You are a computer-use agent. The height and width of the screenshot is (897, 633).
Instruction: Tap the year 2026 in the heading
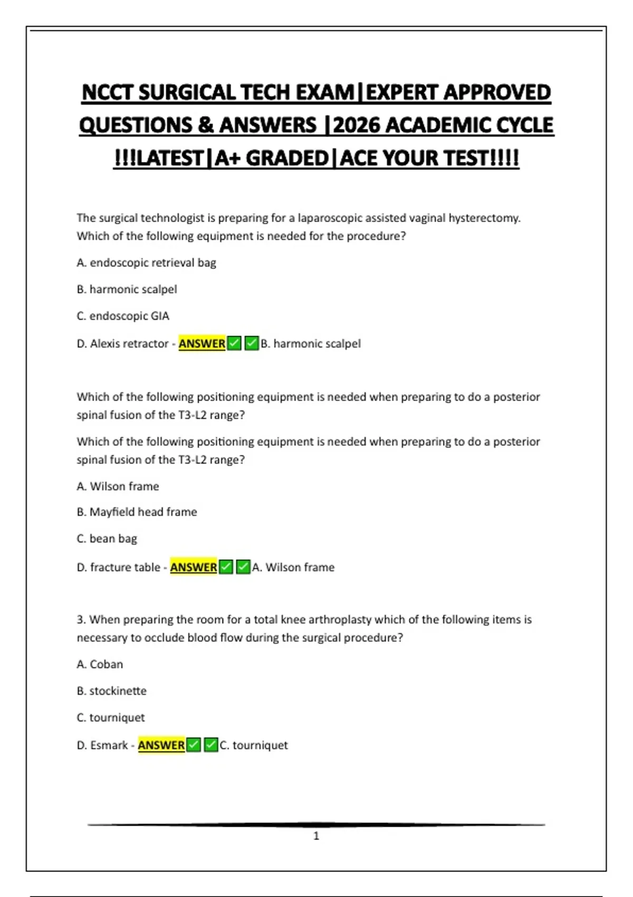(x=357, y=126)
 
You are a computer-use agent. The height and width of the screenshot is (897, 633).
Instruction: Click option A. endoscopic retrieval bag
(x=146, y=263)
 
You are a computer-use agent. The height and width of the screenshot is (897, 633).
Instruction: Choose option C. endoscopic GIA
(x=123, y=316)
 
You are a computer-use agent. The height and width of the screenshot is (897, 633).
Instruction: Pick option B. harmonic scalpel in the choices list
(x=127, y=289)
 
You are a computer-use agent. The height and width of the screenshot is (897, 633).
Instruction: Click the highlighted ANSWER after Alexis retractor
(x=202, y=343)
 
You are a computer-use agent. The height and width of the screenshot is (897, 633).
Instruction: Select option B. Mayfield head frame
(x=137, y=512)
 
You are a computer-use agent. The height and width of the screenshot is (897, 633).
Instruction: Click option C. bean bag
(x=107, y=539)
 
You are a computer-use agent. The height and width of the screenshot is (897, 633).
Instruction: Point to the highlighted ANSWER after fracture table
(x=193, y=567)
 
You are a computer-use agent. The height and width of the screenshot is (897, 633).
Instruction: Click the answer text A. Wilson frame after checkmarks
(x=293, y=567)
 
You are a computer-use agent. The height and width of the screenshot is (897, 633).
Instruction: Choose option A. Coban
(x=100, y=664)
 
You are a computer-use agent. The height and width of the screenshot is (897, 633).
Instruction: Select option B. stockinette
(x=111, y=691)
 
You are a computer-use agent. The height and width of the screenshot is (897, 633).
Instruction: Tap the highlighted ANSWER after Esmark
(x=161, y=745)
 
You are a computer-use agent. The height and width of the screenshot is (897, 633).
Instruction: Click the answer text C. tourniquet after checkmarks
(x=254, y=745)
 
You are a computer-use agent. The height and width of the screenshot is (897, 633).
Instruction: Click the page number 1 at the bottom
(x=316, y=836)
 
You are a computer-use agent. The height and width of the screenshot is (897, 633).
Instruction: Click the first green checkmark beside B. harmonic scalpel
(x=235, y=343)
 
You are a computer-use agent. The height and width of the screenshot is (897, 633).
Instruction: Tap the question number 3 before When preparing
(x=80, y=619)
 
